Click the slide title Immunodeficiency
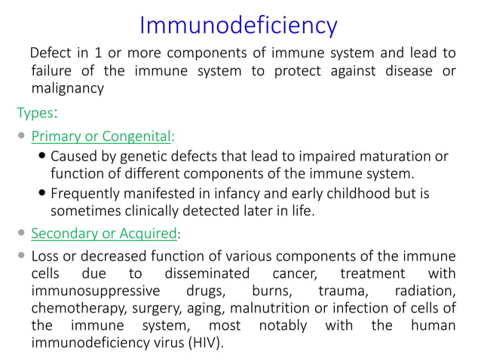[239, 26]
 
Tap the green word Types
[35, 113]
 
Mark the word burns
[246, 290]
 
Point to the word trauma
[320, 290]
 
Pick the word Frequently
[87, 194]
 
